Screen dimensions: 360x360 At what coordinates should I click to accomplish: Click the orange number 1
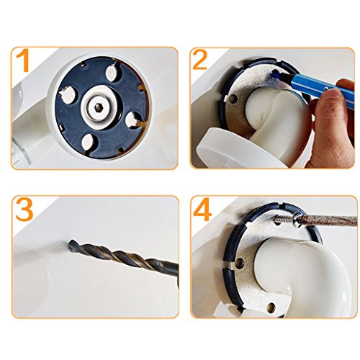(23, 60)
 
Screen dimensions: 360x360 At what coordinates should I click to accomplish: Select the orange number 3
(24, 209)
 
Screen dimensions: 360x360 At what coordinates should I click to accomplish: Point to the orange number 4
(202, 209)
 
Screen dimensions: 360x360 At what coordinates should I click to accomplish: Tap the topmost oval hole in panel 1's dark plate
(112, 72)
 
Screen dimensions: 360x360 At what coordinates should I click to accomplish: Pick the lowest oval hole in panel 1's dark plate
(89, 142)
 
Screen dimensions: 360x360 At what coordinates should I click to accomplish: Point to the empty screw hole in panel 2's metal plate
(233, 98)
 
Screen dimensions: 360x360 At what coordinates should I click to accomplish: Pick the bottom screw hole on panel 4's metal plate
(271, 307)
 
